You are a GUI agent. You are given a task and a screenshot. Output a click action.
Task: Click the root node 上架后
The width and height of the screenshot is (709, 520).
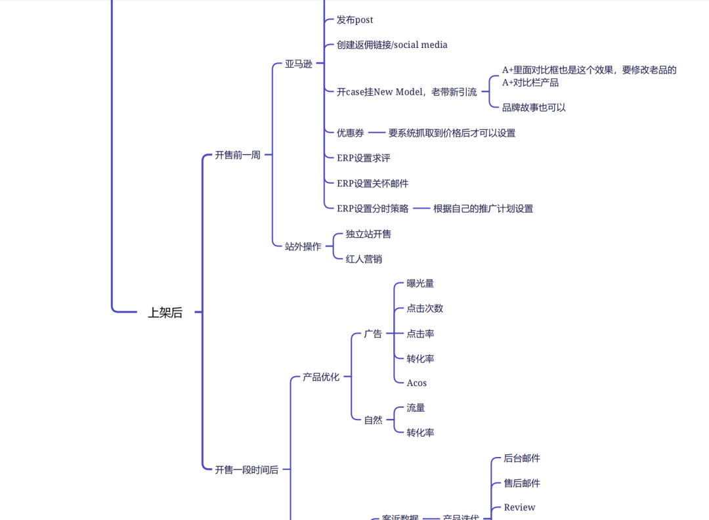coord(165,313)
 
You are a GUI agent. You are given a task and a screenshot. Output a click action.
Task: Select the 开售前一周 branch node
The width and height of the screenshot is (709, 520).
coord(238,156)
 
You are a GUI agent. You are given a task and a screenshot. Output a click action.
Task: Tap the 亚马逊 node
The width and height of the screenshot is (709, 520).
coord(299,64)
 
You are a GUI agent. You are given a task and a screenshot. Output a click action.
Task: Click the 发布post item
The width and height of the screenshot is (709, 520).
coord(354,20)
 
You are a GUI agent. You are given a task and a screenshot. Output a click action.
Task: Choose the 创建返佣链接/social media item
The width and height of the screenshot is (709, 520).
coord(392,45)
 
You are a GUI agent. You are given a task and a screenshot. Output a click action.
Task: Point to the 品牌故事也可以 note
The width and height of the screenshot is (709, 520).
coord(534,108)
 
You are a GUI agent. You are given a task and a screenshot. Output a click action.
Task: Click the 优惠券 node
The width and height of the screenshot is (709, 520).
coord(351,133)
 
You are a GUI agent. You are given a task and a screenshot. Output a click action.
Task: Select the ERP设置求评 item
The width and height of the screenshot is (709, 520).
coord(364,158)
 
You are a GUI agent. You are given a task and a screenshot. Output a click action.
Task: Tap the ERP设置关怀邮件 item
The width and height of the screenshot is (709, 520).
coord(372,183)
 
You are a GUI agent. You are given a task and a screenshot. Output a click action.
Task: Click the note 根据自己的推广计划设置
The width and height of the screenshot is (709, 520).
coord(483,209)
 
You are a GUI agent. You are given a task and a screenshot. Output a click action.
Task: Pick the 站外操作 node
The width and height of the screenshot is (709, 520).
coord(303,247)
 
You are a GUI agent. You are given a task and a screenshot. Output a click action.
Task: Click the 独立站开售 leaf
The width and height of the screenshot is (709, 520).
coord(368,234)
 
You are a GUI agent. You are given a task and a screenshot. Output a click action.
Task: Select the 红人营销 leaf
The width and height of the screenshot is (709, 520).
coord(364,259)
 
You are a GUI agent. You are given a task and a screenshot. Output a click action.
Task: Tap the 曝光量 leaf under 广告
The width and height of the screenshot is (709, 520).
coord(420,284)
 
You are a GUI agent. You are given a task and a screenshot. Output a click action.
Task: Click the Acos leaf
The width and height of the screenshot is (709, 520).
coord(416,383)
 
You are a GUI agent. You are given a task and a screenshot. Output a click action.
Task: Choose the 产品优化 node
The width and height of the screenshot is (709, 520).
coord(321,378)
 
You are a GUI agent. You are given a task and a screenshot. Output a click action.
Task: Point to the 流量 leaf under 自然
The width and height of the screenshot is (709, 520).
coord(416,408)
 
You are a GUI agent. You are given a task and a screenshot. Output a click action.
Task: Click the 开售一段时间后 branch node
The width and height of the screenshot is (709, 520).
coord(247,470)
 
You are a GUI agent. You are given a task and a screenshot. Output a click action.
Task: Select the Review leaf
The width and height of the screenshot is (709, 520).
coord(519,508)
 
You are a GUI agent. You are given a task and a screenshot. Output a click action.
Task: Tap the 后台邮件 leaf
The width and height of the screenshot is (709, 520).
coord(522,458)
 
